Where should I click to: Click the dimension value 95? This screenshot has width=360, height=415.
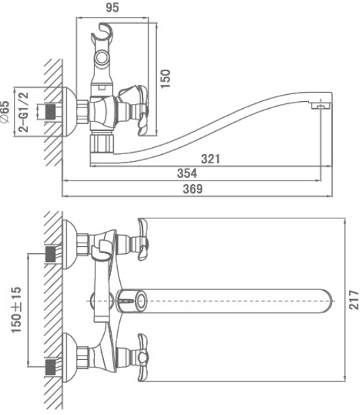point(112,8)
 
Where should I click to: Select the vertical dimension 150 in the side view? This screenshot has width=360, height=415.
point(165,79)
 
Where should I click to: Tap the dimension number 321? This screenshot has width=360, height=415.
point(211,159)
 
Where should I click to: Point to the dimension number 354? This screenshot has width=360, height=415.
point(187,173)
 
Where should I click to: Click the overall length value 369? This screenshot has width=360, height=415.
point(193,189)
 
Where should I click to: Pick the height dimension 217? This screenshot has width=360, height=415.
point(354,300)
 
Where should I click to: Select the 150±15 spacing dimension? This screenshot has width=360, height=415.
point(16,310)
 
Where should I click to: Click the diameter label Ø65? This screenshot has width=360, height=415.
point(5,112)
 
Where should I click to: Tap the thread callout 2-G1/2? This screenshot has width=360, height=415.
point(23,112)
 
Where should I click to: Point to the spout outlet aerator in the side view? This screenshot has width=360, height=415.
point(321,106)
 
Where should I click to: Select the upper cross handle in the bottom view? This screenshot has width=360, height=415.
point(143,239)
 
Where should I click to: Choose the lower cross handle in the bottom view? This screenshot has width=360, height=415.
point(143,357)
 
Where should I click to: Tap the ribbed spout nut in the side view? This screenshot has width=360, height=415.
point(101,144)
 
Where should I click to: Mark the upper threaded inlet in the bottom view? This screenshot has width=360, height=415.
point(51,254)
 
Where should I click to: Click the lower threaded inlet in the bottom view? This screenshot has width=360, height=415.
point(51,367)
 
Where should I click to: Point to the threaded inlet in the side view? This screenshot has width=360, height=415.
point(51,112)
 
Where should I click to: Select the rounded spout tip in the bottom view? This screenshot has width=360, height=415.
point(326,301)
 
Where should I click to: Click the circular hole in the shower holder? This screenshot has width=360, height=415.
point(102,57)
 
